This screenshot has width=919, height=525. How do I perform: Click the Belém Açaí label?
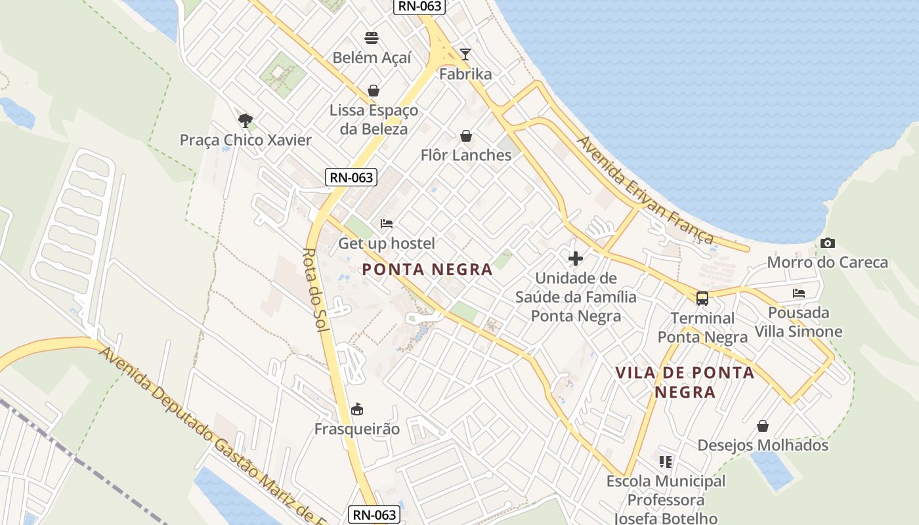click(372, 58)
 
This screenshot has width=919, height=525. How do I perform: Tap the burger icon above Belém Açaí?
click(372, 37)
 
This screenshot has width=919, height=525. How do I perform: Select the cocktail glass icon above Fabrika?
click(465, 54)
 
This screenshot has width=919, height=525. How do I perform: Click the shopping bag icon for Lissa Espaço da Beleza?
click(374, 91)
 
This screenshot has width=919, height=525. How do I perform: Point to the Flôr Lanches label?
click(465, 156)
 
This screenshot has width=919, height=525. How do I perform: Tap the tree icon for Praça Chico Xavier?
click(246, 120)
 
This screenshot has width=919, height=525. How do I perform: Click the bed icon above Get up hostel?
click(387, 224)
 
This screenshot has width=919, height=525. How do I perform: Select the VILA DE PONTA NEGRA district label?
click(685, 383)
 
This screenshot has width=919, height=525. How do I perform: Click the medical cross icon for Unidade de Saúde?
click(576, 259)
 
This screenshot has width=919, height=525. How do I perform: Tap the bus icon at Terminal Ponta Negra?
click(702, 299)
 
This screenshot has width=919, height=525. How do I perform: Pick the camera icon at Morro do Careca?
click(828, 243)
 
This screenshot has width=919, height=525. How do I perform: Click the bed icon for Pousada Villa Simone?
click(799, 293)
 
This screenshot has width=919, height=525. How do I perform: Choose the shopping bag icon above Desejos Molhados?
click(763, 426)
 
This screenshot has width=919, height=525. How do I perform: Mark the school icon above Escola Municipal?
click(666, 462)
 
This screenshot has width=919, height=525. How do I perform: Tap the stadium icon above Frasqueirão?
click(357, 409)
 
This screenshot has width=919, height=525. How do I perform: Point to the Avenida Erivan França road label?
click(645, 190)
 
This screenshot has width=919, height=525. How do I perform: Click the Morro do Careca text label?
click(827, 263)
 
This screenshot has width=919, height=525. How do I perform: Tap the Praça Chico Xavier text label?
click(246, 140)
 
